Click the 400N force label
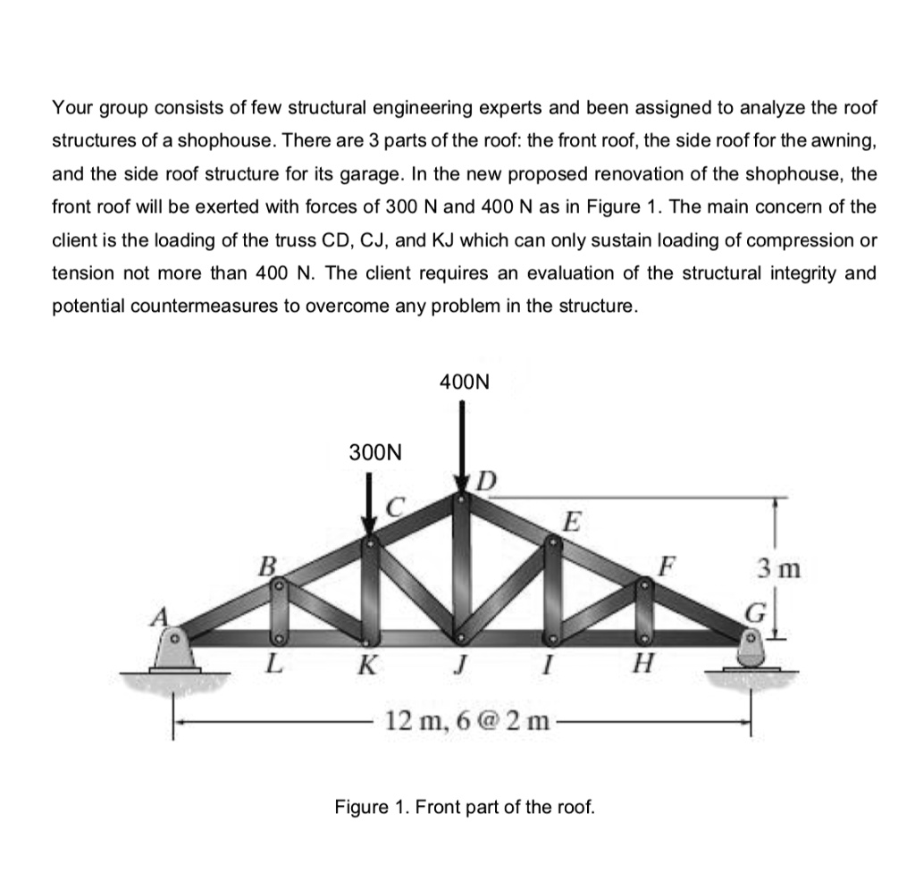point(465,382)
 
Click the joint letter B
point(265,565)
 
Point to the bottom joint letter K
point(366,665)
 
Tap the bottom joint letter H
point(643,665)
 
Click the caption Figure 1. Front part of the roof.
point(464,807)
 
